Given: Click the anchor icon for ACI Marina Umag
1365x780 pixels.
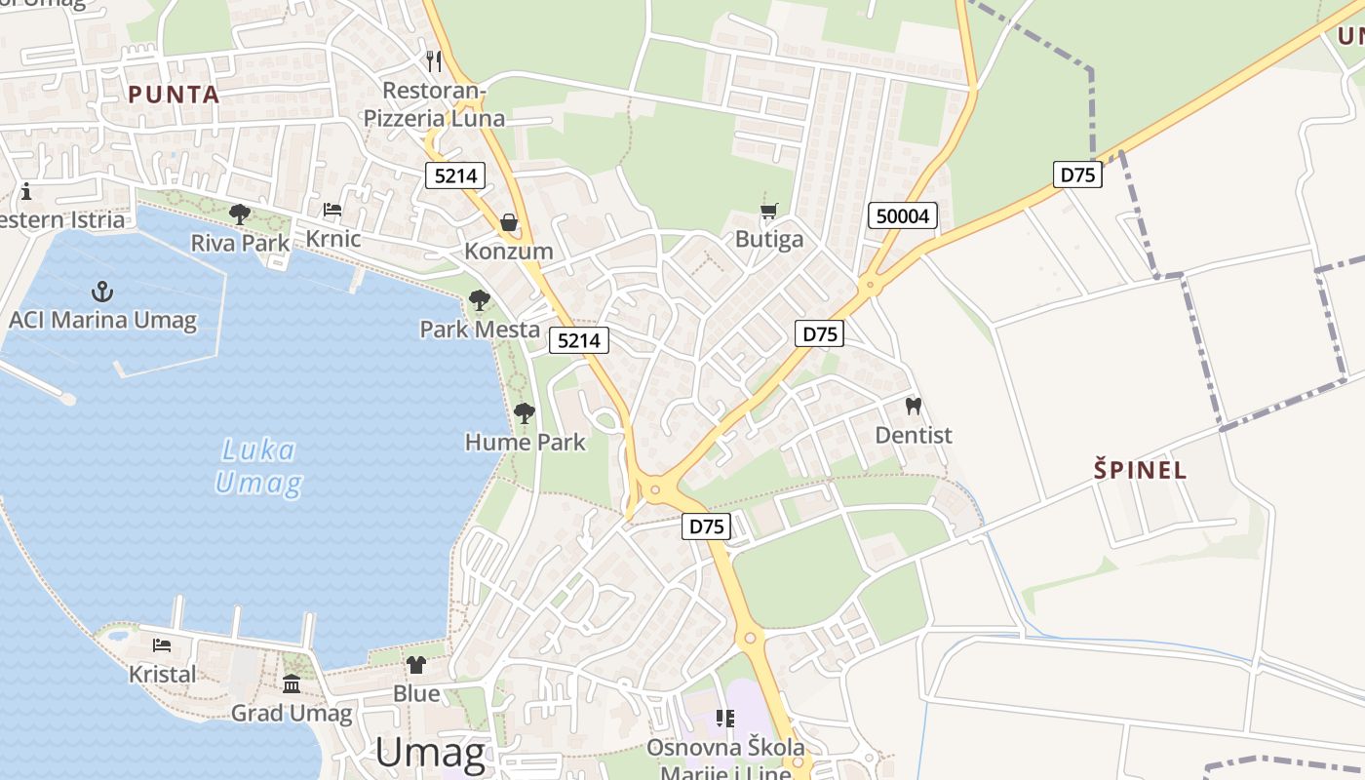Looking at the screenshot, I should click(x=101, y=292).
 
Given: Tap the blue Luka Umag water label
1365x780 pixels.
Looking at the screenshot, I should click(x=258, y=466).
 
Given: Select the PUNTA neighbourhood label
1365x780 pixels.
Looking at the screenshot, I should click(x=175, y=95).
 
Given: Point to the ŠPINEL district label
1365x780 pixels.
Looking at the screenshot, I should click(x=1140, y=470).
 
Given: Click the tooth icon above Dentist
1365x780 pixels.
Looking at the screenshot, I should click(x=914, y=406).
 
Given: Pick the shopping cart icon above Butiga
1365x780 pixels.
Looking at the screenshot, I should click(x=769, y=211).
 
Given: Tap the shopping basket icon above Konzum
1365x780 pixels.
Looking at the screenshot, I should click(x=509, y=222).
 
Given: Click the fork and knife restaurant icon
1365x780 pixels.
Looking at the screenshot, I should click(x=434, y=60).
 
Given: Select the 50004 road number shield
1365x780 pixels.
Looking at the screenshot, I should click(x=903, y=215).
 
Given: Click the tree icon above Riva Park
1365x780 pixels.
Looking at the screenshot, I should click(x=239, y=214).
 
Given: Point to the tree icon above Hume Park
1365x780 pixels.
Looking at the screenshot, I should click(x=525, y=413).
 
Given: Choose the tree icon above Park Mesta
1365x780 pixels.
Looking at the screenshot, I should click(x=479, y=300).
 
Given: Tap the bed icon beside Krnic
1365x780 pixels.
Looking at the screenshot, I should click(x=332, y=210).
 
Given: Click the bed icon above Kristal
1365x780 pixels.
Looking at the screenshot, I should click(x=162, y=644).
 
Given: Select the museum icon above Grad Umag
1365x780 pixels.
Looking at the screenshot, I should click(x=292, y=683).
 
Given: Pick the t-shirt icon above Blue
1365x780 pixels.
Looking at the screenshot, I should click(x=416, y=665).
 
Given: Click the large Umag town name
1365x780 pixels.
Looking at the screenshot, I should click(x=430, y=753).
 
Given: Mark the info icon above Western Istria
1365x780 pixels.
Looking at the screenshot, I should click(x=26, y=191).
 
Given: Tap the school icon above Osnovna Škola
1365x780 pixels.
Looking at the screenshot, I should click(x=725, y=719).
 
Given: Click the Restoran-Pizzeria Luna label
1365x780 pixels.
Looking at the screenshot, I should click(x=434, y=104).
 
